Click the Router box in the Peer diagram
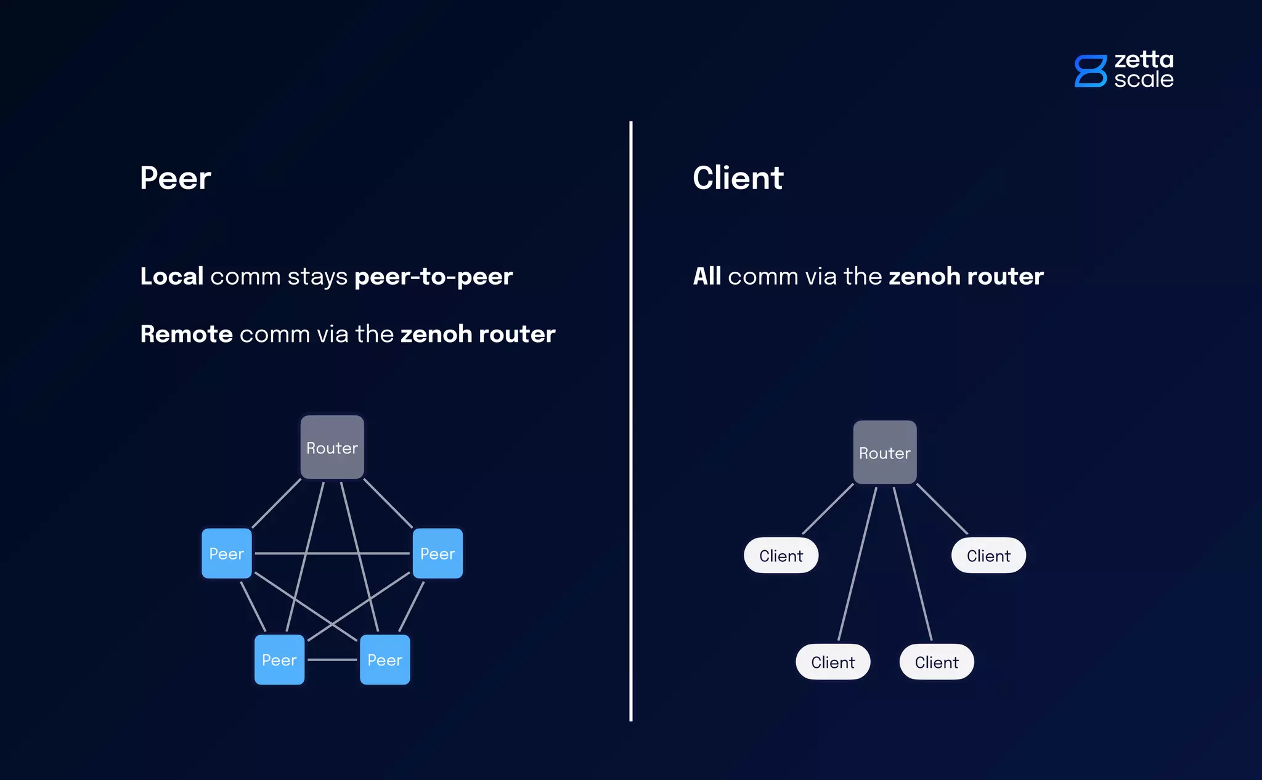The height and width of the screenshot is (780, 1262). click(332, 447)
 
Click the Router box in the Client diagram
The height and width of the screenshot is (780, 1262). click(885, 453)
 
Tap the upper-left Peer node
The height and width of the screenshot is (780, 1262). click(227, 553)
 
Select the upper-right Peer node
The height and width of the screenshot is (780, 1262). click(438, 553)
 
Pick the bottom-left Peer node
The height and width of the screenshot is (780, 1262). click(279, 660)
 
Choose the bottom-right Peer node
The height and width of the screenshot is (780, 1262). click(385, 660)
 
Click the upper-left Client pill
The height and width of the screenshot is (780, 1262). click(781, 556)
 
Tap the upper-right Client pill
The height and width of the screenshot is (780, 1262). click(988, 556)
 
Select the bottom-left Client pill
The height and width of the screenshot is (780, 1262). click(833, 662)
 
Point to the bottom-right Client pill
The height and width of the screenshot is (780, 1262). click(937, 662)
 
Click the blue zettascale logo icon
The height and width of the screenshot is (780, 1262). click(1090, 71)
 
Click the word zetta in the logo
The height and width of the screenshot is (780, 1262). click(1144, 60)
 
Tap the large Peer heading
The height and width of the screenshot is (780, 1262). click(176, 178)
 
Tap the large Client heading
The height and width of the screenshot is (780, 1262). click(738, 178)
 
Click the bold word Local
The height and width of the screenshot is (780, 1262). click(171, 276)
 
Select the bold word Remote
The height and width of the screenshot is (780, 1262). click(186, 334)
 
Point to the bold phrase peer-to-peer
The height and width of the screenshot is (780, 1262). click(433, 277)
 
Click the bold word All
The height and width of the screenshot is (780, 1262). click(707, 276)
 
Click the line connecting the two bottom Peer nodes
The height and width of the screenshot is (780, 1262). click(332, 660)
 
